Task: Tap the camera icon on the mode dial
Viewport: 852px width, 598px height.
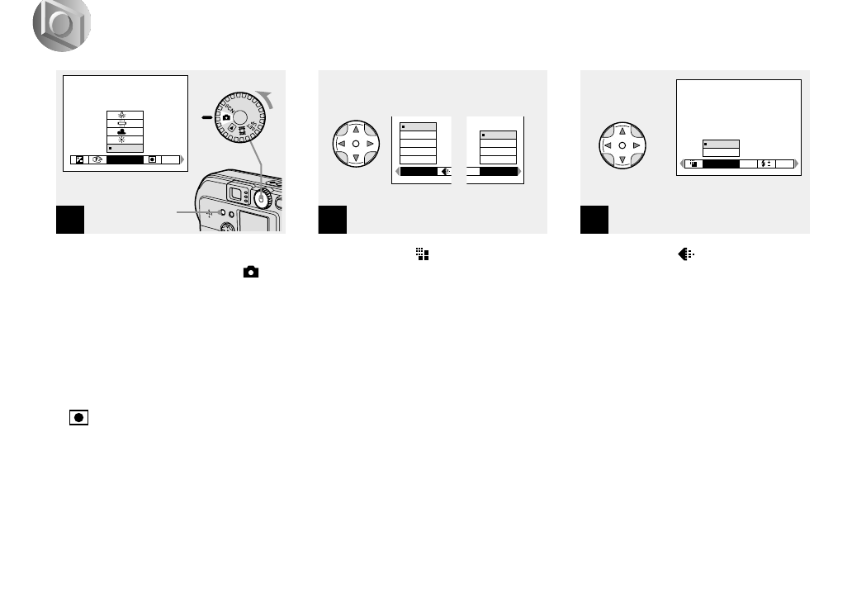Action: (x=226, y=117)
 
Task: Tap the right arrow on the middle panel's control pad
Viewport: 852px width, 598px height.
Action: (x=372, y=143)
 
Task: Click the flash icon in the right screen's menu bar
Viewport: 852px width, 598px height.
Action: (x=764, y=164)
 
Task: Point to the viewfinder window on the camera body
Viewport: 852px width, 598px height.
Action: (x=234, y=195)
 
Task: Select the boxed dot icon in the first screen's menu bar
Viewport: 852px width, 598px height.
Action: (x=152, y=159)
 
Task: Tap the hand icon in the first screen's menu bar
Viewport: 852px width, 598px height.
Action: (x=96, y=159)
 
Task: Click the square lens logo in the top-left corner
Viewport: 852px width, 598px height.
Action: (x=62, y=26)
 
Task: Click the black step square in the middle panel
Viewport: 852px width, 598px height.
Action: (x=332, y=219)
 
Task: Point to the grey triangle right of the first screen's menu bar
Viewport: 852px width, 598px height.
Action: (x=183, y=159)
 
